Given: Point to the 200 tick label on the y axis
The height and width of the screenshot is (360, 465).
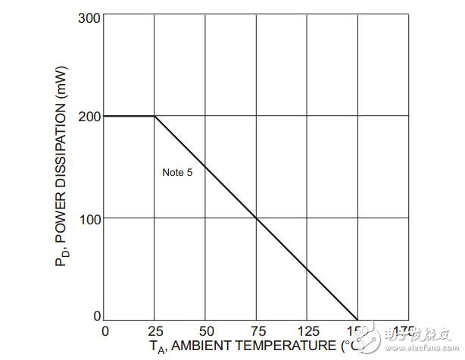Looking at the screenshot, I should pos(89,116).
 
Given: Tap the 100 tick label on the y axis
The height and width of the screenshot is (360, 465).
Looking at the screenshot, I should pos(89,218).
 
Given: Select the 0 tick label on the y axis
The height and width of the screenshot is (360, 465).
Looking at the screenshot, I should pos(97,315).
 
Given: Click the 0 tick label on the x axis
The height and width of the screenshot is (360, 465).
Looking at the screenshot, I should pos(105,330).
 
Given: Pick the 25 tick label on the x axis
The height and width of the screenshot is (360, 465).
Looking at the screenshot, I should pos(154,330).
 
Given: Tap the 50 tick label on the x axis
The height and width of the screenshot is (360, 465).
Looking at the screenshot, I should pos(205,330).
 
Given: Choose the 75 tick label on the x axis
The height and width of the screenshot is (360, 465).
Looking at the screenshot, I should pos(256,330).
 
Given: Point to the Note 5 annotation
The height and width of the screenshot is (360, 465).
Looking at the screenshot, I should pos(178,172).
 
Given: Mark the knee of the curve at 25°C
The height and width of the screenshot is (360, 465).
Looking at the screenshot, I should pos(154,116).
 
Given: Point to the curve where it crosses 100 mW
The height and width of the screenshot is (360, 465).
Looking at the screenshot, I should pos(256,218).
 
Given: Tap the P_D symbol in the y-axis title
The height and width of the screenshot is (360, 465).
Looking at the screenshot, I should pos(64,258).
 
